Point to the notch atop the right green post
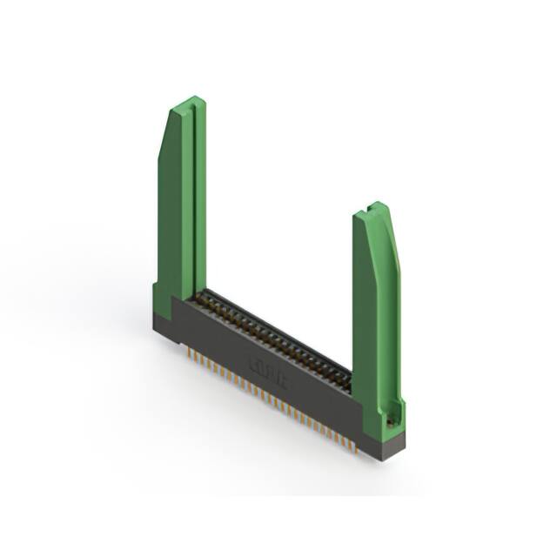pyautogui.click(x=377, y=208)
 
